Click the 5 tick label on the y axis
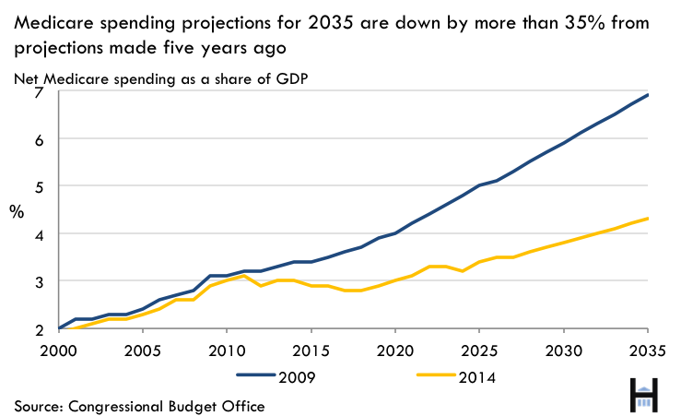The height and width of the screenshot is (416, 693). pos(39,186)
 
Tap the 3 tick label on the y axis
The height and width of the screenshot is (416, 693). pos(39,281)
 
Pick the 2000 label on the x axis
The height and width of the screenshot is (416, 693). pos(59,351)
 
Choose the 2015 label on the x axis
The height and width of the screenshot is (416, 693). pos(311,351)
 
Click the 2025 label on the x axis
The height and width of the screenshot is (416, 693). pos(480,351)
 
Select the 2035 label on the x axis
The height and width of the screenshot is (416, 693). pos(648,351)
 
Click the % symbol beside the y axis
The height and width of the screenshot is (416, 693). pos(18,210)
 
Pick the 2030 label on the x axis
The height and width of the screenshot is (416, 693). pos(564,351)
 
